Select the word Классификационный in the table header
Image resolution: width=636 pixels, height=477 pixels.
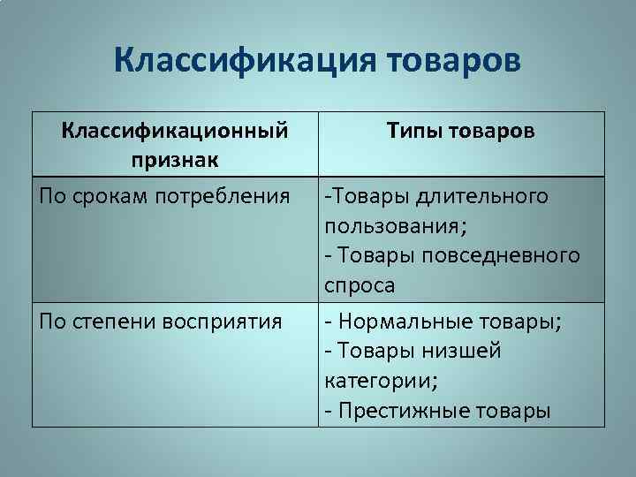(175, 131)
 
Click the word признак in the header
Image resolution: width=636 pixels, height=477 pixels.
(175, 160)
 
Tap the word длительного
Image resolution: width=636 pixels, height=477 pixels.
(481, 194)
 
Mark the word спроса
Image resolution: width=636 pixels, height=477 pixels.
(360, 286)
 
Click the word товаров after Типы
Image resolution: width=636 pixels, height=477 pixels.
(491, 131)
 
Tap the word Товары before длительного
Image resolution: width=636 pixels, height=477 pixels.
(360, 194)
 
